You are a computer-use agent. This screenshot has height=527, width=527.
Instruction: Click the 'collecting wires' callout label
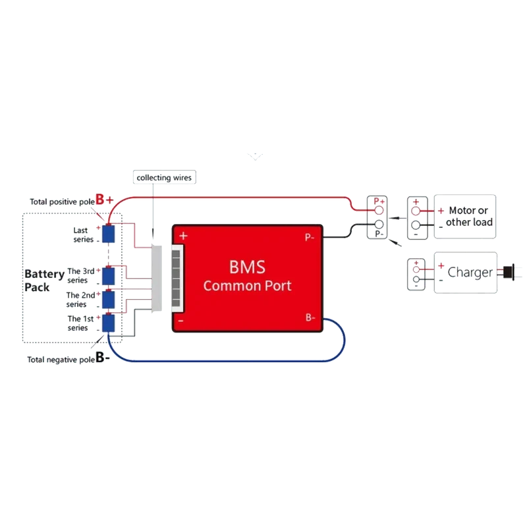tap(164, 177)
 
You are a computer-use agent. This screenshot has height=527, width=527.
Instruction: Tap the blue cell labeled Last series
tap(108, 234)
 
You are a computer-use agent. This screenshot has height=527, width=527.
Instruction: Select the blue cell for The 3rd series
tap(108, 276)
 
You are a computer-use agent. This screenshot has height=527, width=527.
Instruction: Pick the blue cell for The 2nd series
tap(108, 300)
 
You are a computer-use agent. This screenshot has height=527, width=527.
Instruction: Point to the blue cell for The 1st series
tap(108, 323)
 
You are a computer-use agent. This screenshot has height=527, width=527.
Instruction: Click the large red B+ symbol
tap(105, 200)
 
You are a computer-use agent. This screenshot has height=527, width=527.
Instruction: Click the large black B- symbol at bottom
tap(103, 357)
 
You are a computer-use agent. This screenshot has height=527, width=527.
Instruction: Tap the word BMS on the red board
tap(248, 267)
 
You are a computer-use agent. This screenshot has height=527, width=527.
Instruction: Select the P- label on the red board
tap(310, 238)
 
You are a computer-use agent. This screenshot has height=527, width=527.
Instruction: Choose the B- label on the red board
tap(310, 318)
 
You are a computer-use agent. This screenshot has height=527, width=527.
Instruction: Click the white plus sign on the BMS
tap(183, 236)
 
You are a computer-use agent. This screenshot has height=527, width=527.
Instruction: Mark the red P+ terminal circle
tap(379, 211)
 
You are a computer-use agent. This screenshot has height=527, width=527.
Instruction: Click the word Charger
tap(470, 273)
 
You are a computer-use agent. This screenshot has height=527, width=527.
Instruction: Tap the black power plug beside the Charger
tap(509, 271)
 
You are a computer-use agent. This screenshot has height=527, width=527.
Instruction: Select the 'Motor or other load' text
tap(469, 216)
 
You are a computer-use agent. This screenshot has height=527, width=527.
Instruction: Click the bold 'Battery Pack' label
tap(44, 281)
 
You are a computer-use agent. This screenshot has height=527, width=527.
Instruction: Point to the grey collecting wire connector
tap(157, 278)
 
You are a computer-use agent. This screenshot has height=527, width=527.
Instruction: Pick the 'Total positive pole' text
tap(62, 202)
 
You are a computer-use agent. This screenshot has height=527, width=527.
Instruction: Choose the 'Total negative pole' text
tap(61, 360)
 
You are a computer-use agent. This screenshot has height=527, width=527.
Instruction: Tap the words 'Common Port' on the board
tap(248, 286)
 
